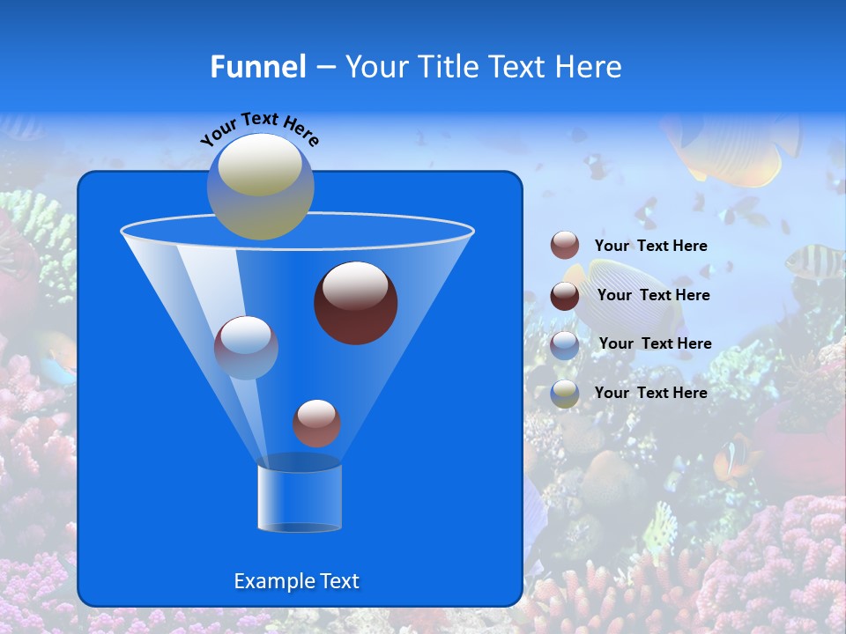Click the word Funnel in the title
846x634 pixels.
pos(257,67)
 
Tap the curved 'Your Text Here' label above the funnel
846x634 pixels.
pos(260,129)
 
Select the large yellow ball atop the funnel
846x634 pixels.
pos(261,186)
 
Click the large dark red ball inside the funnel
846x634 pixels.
pos(355,302)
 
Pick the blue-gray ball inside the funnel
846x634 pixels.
pos(246,347)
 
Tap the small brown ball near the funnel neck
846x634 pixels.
pos(316,423)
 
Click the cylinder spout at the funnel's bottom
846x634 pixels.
pos(299,498)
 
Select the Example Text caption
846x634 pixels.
pos(296,581)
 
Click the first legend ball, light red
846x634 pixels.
pos(565,246)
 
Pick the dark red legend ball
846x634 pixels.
pos(565,296)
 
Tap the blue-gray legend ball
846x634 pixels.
pos(565,344)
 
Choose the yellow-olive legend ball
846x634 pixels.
pos(565,394)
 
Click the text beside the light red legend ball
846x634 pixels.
pos(650,246)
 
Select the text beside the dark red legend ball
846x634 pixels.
pos(653,295)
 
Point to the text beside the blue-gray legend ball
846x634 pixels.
pos(655,343)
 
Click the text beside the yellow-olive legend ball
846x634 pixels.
pos(650,393)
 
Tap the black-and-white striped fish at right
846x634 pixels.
pos(813,260)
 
